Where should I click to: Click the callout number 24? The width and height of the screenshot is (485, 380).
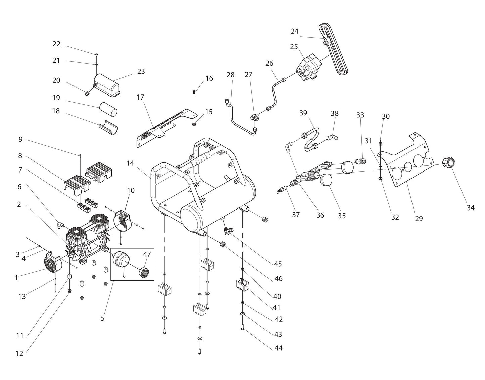294,31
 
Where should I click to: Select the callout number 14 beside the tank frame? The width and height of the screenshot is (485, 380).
130,163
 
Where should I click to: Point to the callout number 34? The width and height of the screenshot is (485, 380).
470,208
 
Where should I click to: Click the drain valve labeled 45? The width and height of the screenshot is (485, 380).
228,231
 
